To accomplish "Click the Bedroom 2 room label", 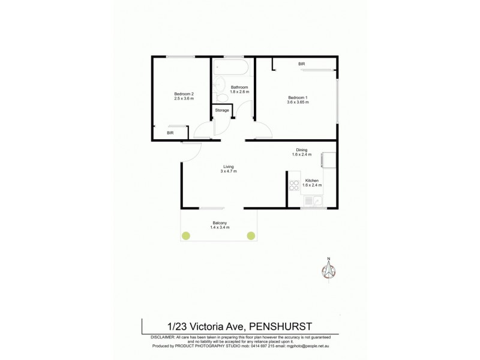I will (x=184, y=93).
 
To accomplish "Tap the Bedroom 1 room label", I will (x=298, y=98).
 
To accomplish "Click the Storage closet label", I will (x=222, y=110).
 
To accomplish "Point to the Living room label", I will (x=229, y=166).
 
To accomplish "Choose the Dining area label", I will (x=302, y=150).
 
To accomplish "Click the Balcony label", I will (x=219, y=223).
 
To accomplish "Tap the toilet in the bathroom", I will (x=221, y=97).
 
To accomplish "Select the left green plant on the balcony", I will (x=187, y=236).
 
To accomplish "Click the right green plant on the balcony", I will (x=251, y=236).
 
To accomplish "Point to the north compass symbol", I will (x=329, y=271).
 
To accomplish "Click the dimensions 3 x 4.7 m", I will (x=229, y=172).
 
